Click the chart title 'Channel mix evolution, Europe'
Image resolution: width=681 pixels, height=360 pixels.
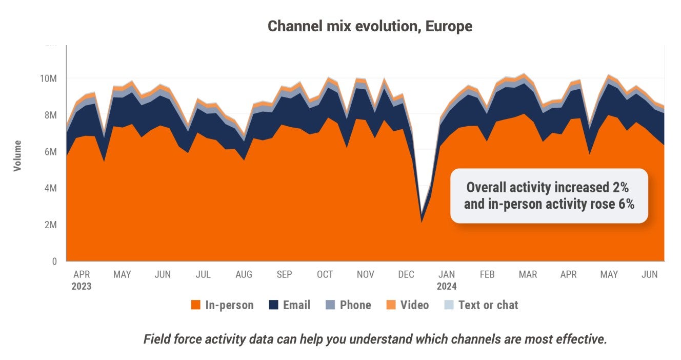(x=370, y=26)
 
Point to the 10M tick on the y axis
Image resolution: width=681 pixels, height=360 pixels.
(x=47, y=78)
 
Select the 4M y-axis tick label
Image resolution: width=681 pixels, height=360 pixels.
(x=50, y=188)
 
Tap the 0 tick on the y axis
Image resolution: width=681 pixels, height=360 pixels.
(x=54, y=262)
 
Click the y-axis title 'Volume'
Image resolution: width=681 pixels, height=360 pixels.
(x=18, y=155)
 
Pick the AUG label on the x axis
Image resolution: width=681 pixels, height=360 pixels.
(x=244, y=275)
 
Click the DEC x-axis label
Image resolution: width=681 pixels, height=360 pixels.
(x=406, y=275)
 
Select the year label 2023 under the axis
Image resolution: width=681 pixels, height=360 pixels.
(x=81, y=286)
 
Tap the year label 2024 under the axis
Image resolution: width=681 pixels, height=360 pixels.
(x=447, y=286)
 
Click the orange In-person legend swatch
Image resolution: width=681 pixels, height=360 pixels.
(x=195, y=305)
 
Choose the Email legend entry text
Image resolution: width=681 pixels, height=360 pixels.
(x=296, y=305)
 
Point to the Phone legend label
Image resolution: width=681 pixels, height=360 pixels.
(x=355, y=305)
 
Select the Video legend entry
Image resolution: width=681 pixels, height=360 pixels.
(x=414, y=305)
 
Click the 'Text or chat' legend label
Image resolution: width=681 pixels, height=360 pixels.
(x=488, y=305)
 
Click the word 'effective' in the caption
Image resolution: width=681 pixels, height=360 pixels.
(x=580, y=339)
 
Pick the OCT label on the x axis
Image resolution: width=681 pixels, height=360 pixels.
(x=325, y=275)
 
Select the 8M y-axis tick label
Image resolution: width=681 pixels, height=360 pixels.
(x=50, y=115)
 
